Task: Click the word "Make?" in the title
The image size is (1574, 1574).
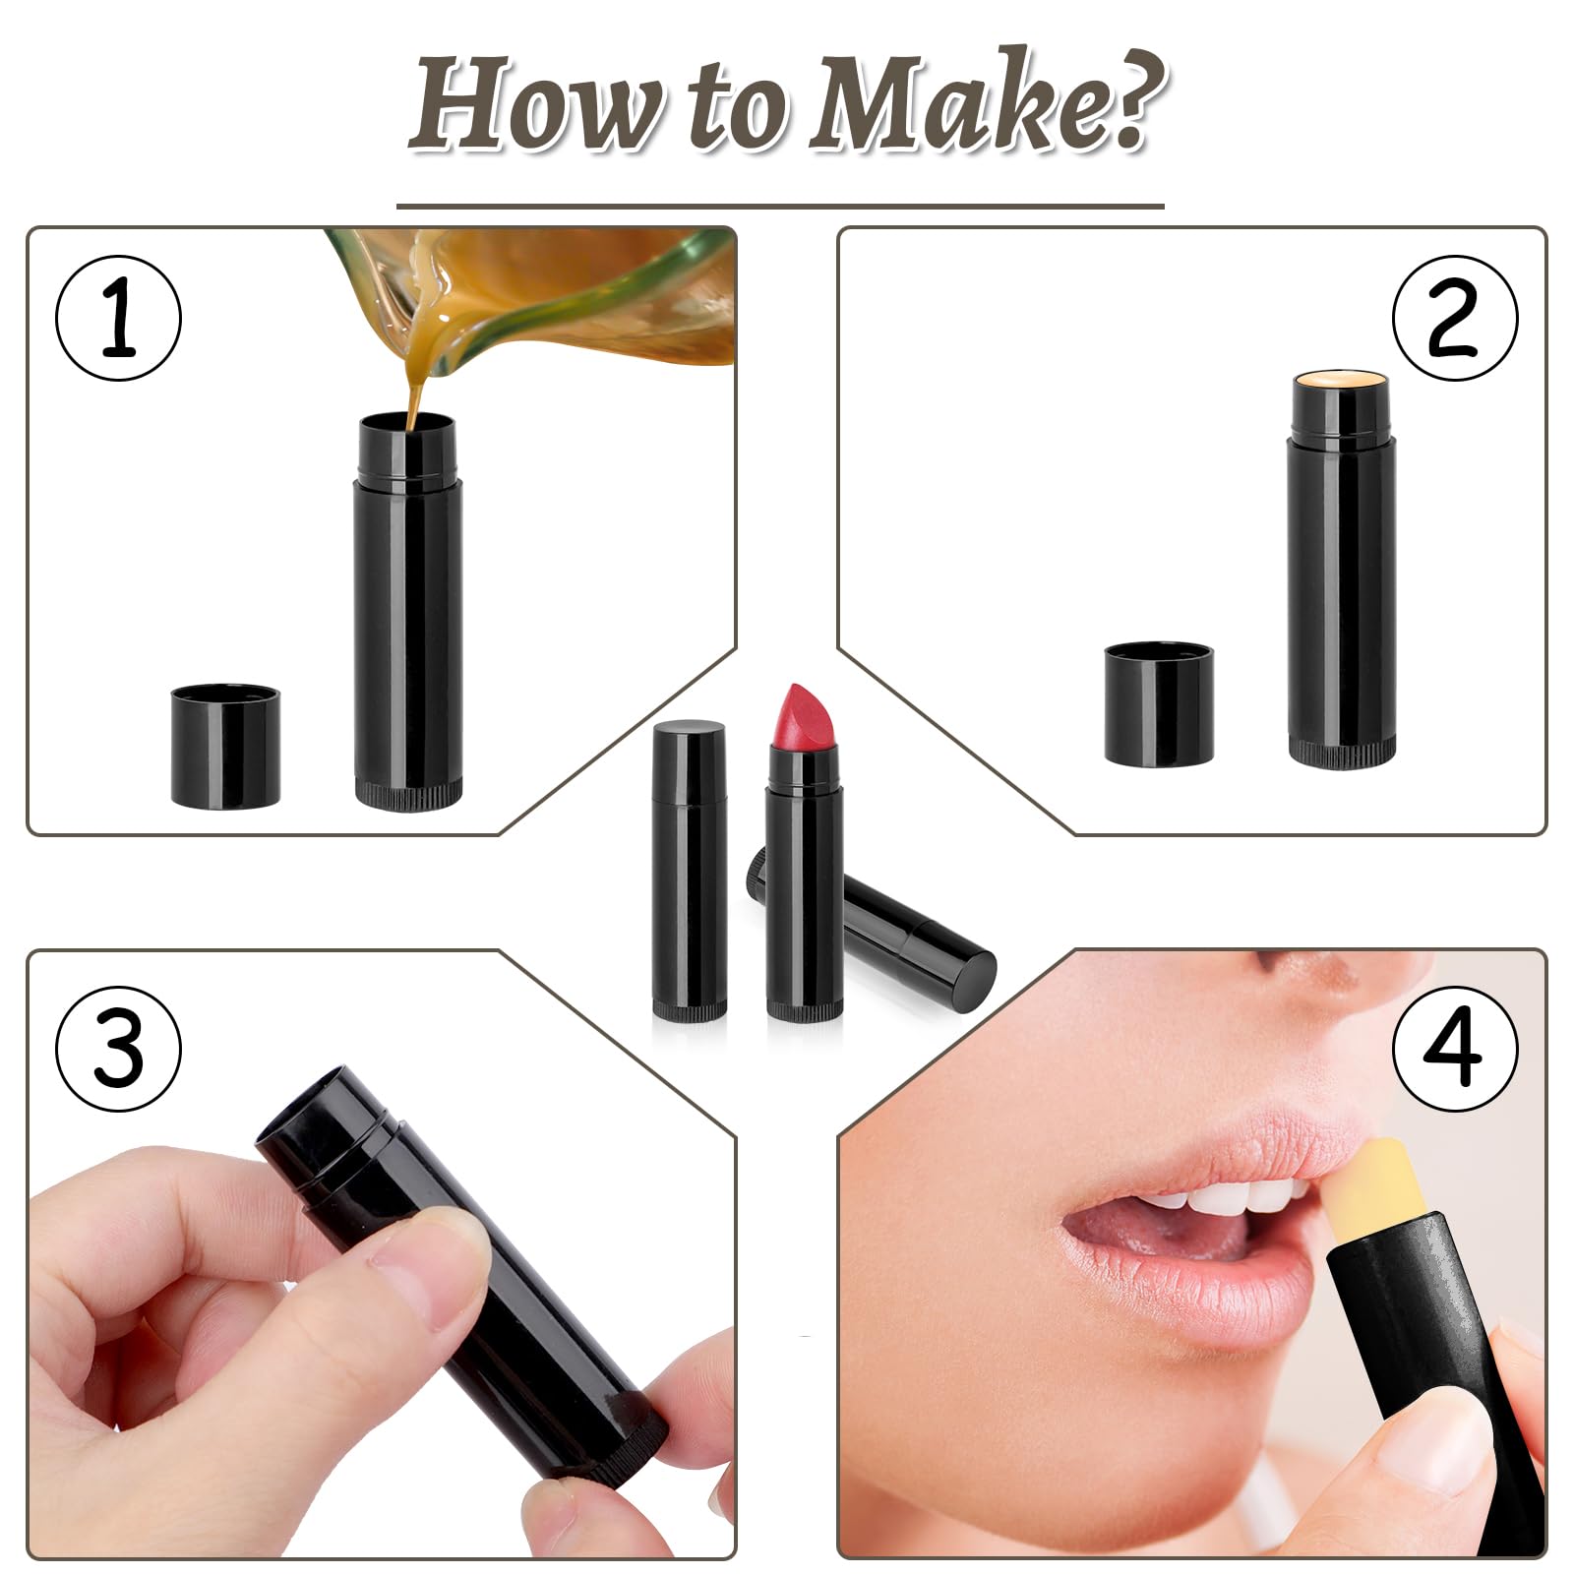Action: [x=988, y=105]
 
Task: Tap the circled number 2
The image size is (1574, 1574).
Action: [x=1455, y=319]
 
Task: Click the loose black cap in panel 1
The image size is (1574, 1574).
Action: [x=225, y=747]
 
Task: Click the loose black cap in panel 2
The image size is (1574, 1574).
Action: [x=1158, y=703]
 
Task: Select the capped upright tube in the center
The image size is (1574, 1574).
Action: [x=690, y=870]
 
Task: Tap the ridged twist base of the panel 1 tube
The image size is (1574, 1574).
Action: [x=408, y=794]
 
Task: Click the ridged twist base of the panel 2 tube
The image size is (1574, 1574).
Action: [x=1342, y=753]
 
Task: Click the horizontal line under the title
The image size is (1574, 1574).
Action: [x=780, y=207]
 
